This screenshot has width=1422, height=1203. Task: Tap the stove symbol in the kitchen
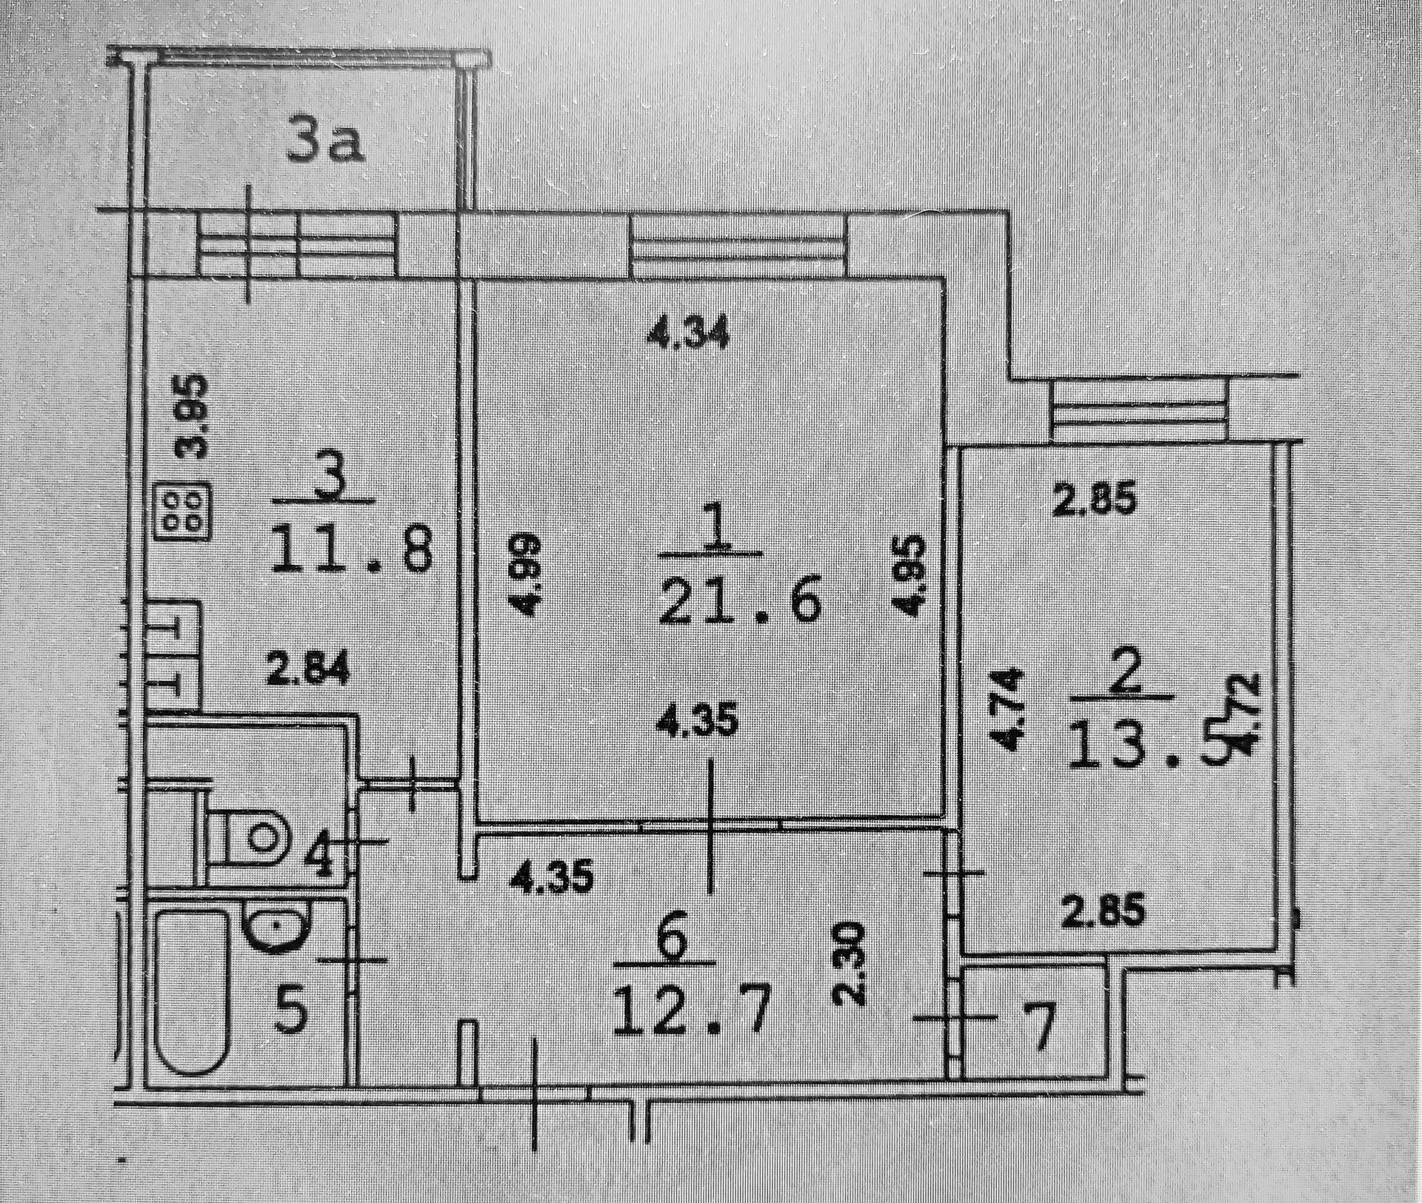pos(182,510)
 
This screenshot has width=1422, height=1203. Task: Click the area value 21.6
pos(740,600)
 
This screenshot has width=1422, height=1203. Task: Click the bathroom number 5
pos(293,1011)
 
